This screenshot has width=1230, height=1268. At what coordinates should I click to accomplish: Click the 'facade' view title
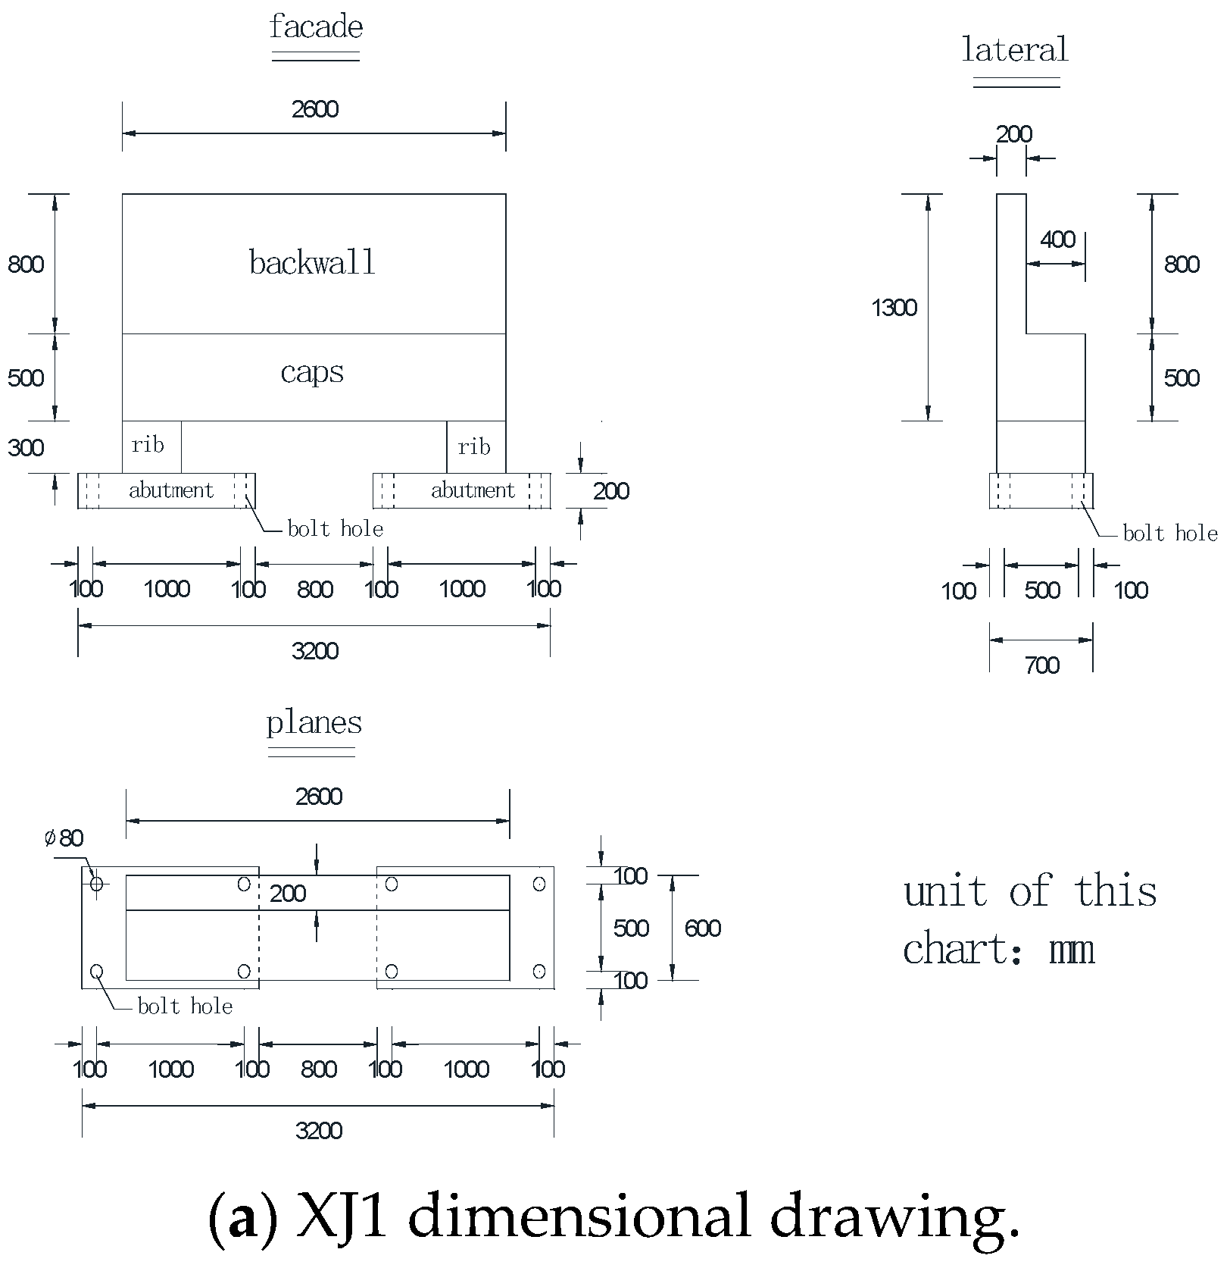tap(316, 28)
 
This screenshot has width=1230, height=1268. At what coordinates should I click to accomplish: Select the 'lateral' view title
tap(1015, 50)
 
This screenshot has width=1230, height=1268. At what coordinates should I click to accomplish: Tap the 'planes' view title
tap(314, 722)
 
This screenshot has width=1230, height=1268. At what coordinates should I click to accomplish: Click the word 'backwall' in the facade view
tap(313, 263)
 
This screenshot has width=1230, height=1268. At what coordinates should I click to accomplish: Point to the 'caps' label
tap(312, 372)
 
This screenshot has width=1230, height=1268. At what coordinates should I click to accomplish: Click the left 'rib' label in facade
tap(147, 445)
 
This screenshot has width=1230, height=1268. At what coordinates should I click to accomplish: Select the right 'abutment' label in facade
tap(473, 490)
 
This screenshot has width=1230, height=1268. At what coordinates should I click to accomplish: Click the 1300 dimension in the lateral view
tap(894, 308)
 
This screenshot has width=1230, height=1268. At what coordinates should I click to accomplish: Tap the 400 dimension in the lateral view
tap(1057, 240)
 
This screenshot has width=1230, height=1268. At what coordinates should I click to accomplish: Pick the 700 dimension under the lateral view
tap(1041, 665)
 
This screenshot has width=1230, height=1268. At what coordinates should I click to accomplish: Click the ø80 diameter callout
tap(64, 838)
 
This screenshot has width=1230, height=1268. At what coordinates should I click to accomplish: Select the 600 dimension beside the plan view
tap(702, 928)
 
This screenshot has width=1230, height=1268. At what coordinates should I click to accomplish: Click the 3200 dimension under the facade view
tap(315, 651)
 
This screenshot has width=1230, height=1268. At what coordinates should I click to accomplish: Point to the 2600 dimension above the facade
tap(315, 110)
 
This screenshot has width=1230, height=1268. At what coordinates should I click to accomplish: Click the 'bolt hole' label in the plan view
tap(185, 1007)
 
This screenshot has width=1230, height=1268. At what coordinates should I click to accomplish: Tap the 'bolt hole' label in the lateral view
tap(1169, 534)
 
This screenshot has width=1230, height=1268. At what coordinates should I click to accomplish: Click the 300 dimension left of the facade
tap(26, 448)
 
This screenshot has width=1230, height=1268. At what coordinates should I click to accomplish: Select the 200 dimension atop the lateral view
tap(1013, 134)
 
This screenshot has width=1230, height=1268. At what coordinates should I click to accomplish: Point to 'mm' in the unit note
tap(1072, 950)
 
